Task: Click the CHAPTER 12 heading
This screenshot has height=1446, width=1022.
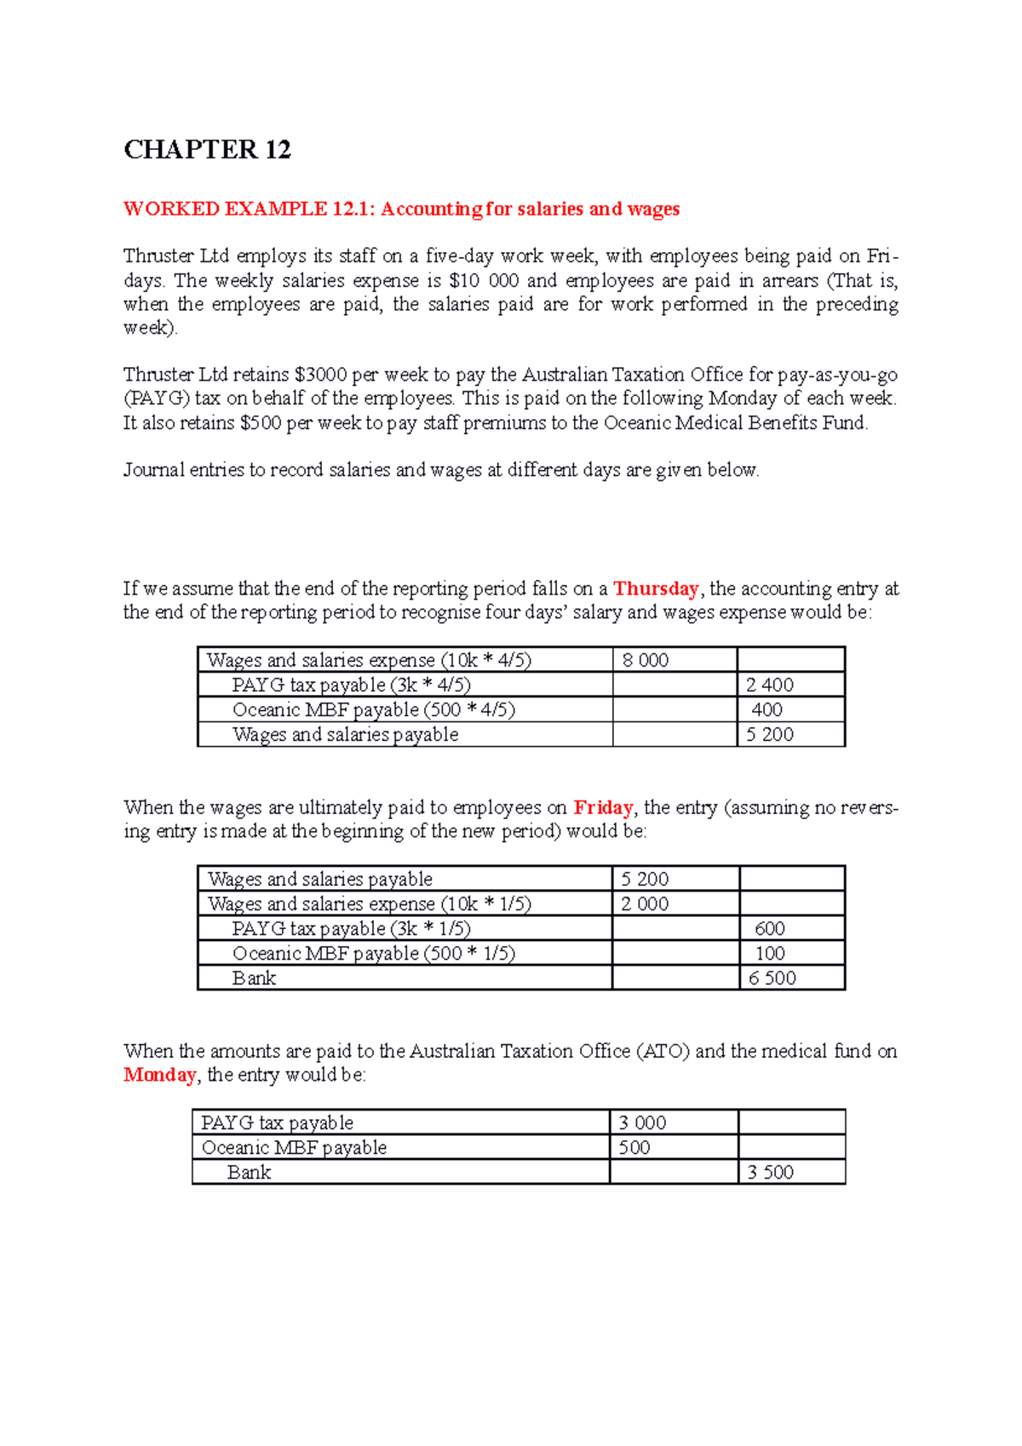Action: click(x=207, y=150)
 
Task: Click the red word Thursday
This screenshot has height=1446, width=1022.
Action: click(x=655, y=588)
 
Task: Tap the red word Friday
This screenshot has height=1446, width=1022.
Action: click(x=602, y=807)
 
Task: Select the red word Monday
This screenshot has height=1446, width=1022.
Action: click(x=159, y=1075)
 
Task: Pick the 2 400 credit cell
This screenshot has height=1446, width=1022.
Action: click(x=769, y=685)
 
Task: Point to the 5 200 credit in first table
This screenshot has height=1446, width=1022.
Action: click(x=769, y=734)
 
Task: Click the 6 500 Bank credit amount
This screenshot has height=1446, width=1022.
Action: click(x=772, y=978)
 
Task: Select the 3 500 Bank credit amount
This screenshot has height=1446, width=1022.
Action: click(x=770, y=1172)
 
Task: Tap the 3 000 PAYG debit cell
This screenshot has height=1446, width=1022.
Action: click(x=642, y=1122)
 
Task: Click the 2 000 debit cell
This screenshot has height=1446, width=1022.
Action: click(x=644, y=904)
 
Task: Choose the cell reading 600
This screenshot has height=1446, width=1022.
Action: click(x=769, y=928)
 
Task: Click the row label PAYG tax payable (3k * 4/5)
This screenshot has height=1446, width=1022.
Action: click(x=351, y=685)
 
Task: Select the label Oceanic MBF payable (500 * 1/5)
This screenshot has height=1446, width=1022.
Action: click(x=373, y=953)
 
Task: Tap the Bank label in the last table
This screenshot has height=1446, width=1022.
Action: click(x=249, y=1172)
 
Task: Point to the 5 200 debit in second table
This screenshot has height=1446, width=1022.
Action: click(x=644, y=879)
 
